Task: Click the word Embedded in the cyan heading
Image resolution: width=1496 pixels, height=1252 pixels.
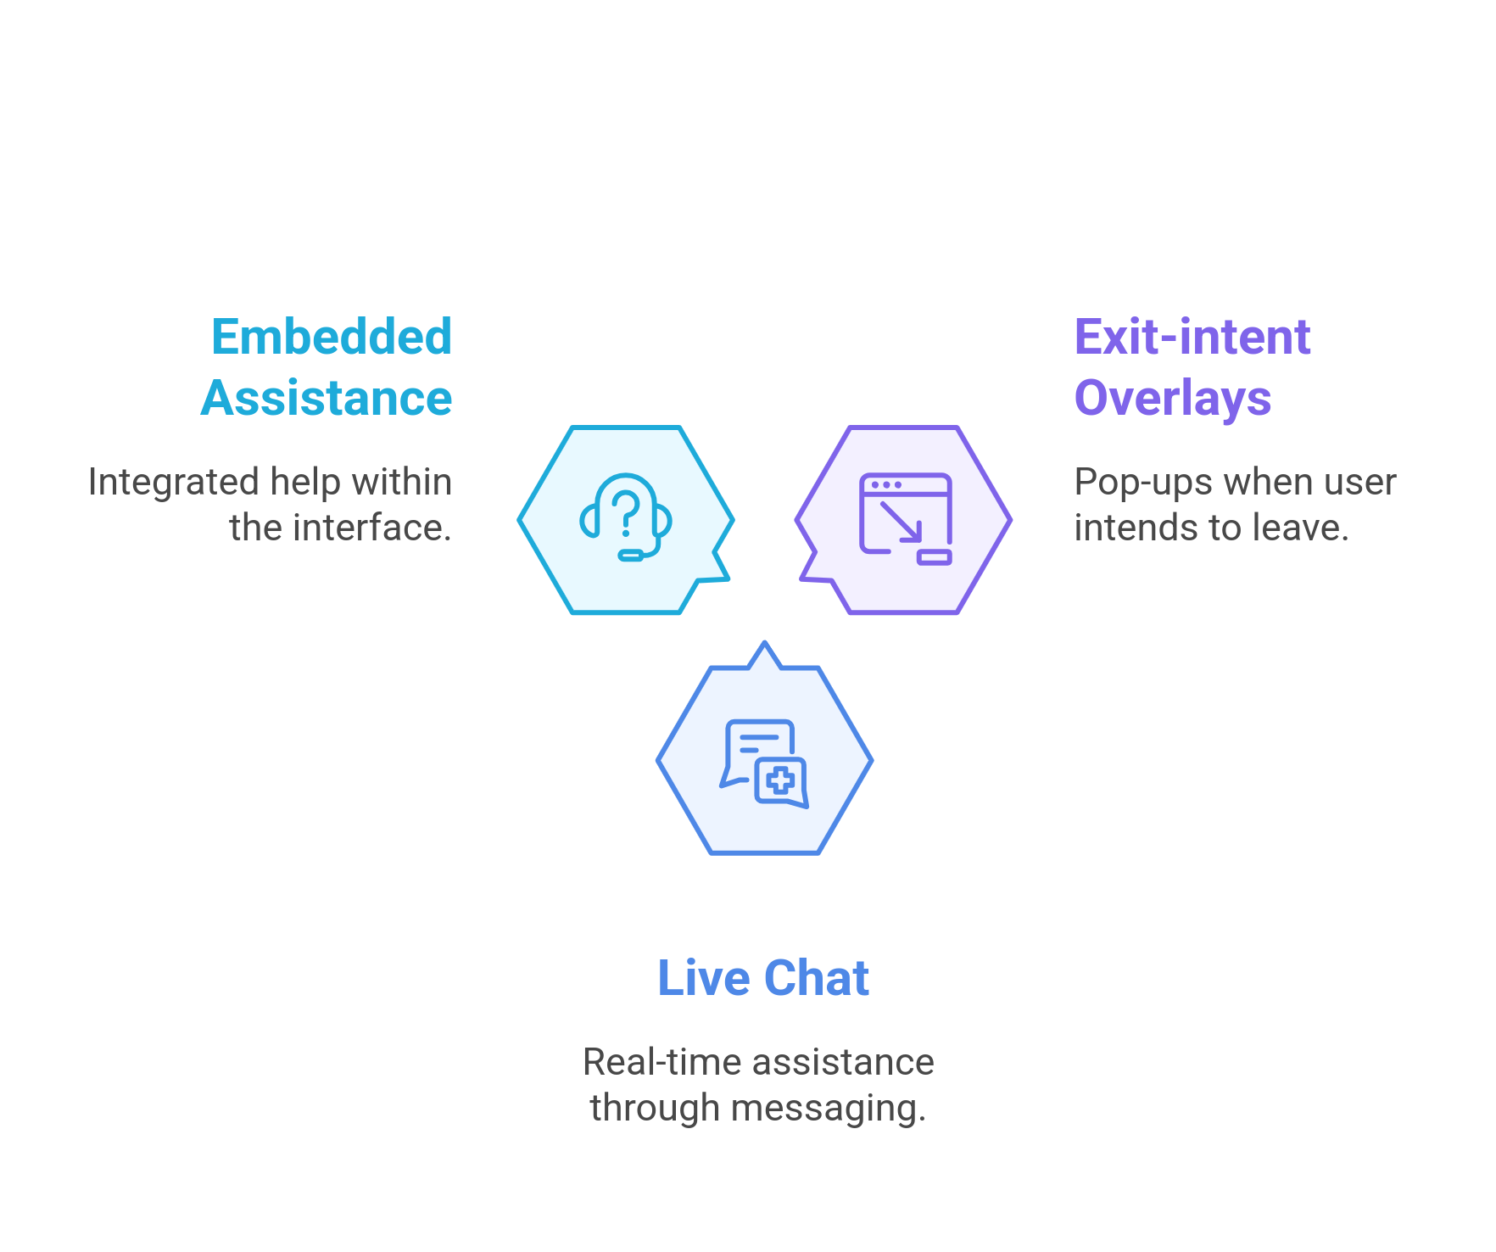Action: (x=332, y=337)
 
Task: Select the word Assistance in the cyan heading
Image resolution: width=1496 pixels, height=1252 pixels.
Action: (x=327, y=398)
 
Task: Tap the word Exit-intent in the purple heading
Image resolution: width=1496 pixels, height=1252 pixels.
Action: (x=1192, y=337)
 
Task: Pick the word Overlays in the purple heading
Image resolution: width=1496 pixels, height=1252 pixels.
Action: (x=1173, y=398)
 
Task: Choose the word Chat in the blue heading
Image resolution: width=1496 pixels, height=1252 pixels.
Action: (x=817, y=978)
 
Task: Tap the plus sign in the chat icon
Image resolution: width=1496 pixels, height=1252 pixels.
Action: (x=780, y=780)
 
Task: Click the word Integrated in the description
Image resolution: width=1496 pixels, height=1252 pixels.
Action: (x=174, y=482)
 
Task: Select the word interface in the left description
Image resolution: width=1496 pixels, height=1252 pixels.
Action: (x=370, y=528)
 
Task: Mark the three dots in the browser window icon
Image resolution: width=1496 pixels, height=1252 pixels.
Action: (x=886, y=485)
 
